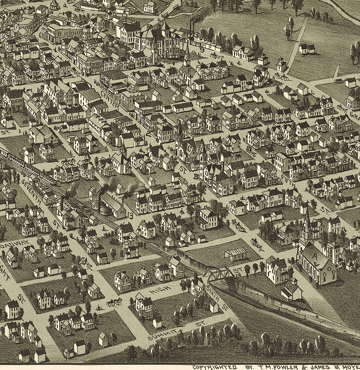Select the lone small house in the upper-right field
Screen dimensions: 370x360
(x=307, y=48)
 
